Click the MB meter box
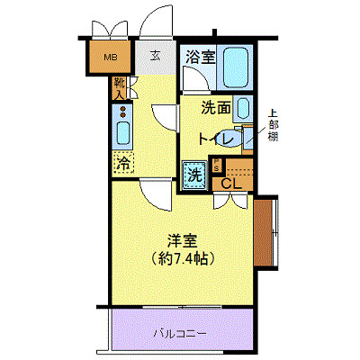110,60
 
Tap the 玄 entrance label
155,55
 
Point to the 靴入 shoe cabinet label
120,88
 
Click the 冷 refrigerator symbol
122,164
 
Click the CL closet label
231,184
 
